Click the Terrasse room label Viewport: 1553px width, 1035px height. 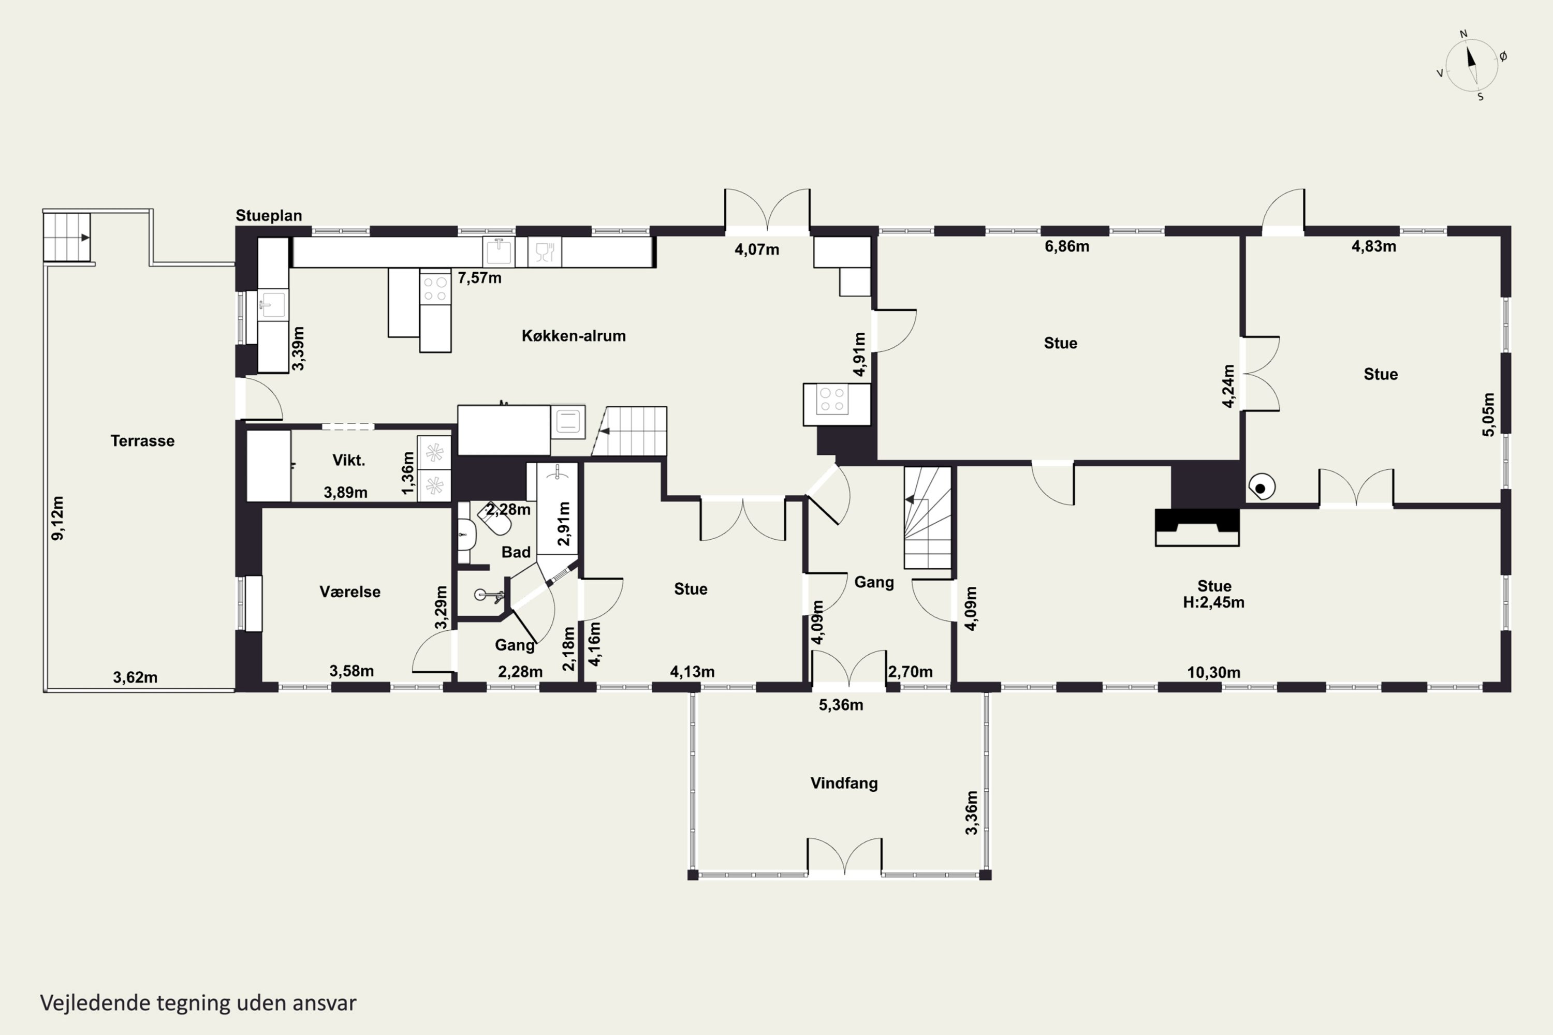[x=143, y=441]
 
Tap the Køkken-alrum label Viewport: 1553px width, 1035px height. [x=574, y=335]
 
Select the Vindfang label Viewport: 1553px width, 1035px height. [x=844, y=783]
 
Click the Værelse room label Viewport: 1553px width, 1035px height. [x=350, y=592]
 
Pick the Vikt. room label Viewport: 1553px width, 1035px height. [x=348, y=460]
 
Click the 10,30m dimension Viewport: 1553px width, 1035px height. [x=1213, y=673]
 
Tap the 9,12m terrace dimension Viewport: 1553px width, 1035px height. [x=58, y=518]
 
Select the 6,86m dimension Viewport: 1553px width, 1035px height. [x=1067, y=246]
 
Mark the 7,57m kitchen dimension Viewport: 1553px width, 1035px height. [x=479, y=278]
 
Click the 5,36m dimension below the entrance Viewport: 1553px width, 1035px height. [x=841, y=705]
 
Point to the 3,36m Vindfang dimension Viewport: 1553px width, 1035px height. [x=971, y=812]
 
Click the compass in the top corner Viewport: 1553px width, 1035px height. [x=1472, y=65]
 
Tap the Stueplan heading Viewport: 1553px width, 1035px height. [x=269, y=215]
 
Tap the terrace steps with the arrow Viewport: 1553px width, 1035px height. [x=67, y=237]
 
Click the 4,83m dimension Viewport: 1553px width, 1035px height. [x=1373, y=246]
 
